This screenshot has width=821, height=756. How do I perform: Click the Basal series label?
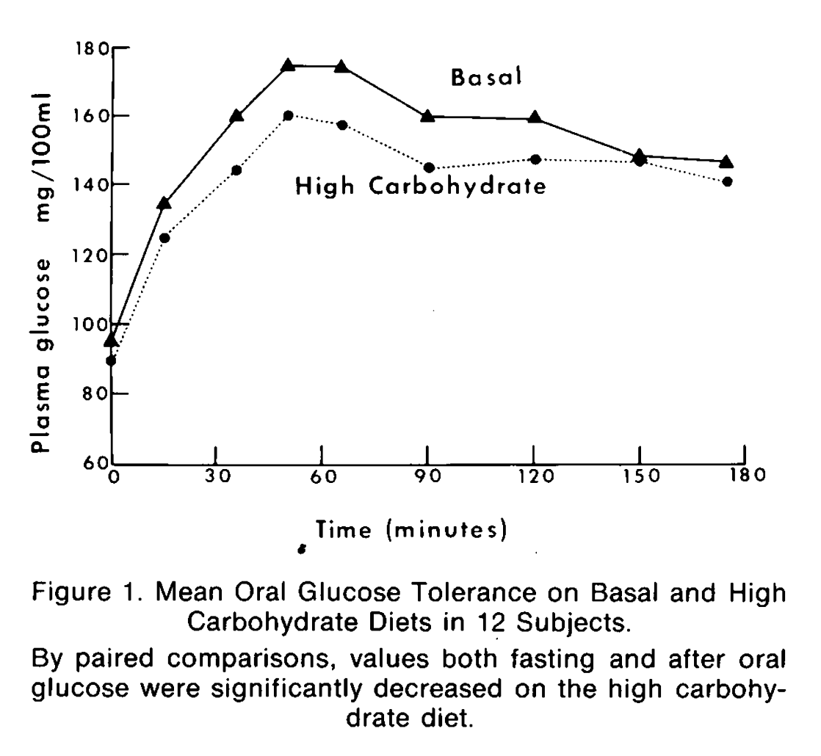coord(486,79)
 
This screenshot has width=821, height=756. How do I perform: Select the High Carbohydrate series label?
coord(420,186)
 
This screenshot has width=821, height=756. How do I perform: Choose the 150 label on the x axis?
coord(638,476)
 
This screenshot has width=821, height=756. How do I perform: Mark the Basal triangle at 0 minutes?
coord(111,340)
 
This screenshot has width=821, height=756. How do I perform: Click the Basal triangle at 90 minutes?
coord(427,115)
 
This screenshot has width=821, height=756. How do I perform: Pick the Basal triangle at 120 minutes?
coord(535,117)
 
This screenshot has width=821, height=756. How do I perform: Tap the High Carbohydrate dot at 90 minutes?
coord(429,168)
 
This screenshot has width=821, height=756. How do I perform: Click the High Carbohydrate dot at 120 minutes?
coord(535,159)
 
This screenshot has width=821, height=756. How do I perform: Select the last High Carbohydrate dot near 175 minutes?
coord(727,181)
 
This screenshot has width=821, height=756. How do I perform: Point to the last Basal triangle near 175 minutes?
coord(726,161)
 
